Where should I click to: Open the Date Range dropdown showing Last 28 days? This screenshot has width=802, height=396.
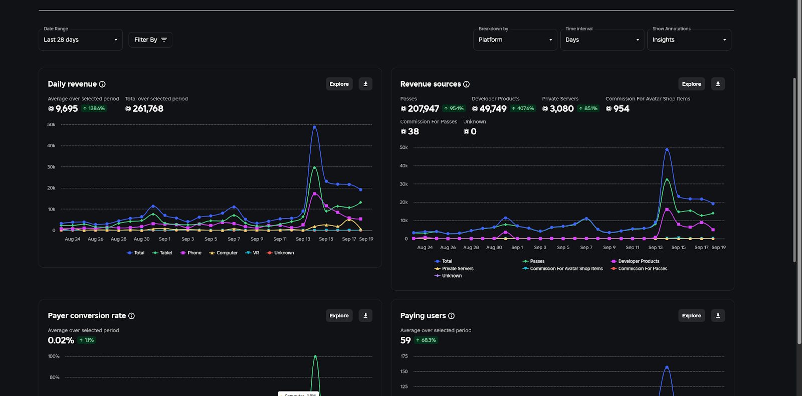tap(80, 40)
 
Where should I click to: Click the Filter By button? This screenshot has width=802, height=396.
tap(150, 40)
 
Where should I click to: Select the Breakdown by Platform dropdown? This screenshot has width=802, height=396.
tap(515, 40)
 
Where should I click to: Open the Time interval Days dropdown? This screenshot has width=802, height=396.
tap(602, 40)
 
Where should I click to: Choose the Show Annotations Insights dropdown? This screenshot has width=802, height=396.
tap(689, 40)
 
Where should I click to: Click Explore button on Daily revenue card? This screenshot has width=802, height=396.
tap(339, 84)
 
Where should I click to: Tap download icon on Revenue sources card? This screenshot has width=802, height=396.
tap(718, 84)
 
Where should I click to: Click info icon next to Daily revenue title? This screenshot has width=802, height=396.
tap(102, 84)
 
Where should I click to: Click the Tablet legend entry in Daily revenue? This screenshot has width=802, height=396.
tap(162, 253)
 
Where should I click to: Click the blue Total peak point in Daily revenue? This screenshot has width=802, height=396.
tap(315, 127)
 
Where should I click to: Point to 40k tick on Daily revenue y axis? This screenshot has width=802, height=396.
tap(51, 146)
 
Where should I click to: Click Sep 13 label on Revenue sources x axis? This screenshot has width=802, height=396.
tap(655, 248)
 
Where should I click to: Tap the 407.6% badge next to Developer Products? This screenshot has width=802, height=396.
tap(523, 109)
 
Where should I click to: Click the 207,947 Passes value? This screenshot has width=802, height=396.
tap(423, 109)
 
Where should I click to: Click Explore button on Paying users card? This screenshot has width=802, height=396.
tap(691, 316)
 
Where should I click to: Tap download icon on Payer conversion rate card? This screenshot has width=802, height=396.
tap(365, 316)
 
